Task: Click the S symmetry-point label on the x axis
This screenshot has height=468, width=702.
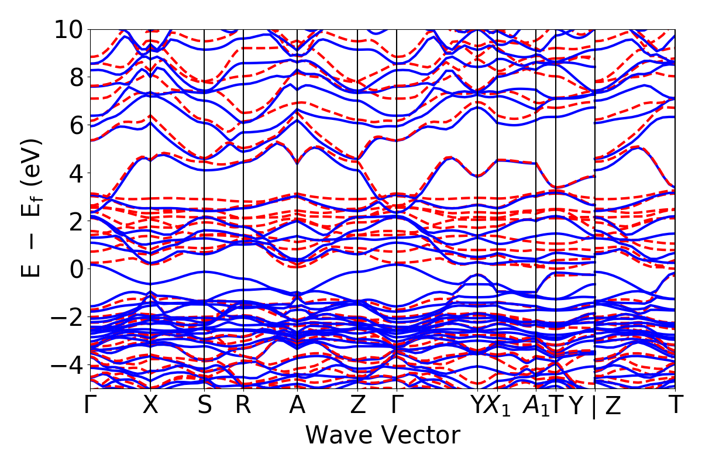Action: click(204, 405)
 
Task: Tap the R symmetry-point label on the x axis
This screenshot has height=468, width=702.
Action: click(243, 405)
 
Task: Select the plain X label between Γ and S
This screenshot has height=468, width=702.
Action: click(150, 405)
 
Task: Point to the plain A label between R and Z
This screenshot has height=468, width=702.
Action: click(297, 405)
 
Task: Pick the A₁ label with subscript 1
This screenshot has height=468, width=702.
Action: click(534, 406)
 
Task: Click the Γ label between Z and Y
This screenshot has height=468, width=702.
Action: click(397, 405)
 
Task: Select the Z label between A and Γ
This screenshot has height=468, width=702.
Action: click(357, 405)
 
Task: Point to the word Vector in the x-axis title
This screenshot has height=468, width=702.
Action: click(419, 436)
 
